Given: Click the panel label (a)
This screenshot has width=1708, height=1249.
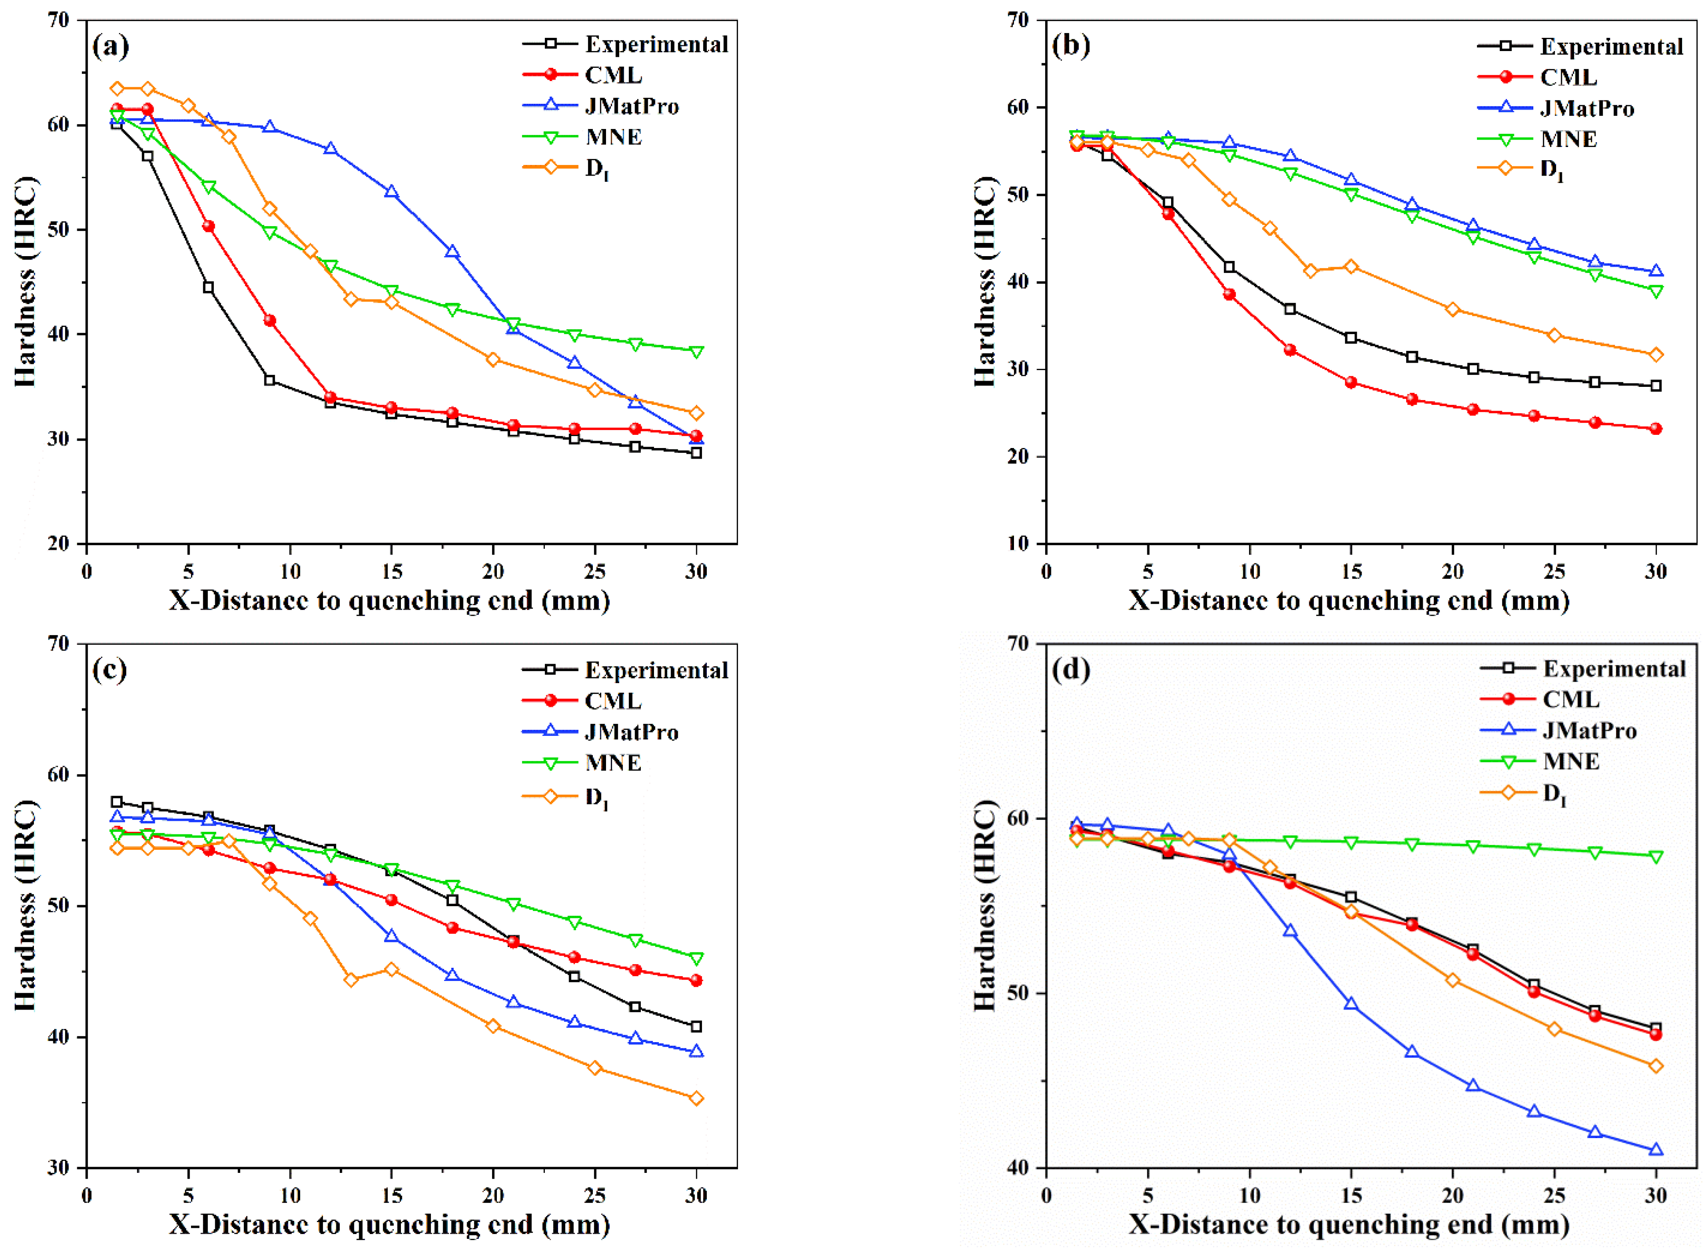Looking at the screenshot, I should coord(110,47).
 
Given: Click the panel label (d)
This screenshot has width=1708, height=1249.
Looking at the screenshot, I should coord(1071,670).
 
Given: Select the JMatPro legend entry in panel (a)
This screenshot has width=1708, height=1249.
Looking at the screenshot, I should coord(632,106).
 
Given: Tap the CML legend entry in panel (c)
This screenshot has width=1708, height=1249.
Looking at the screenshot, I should coord(613,701).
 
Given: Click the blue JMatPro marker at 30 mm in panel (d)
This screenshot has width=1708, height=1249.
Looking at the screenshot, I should coord(1656,1150).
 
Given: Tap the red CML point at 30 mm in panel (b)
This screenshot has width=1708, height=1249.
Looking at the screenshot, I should coord(1656,429).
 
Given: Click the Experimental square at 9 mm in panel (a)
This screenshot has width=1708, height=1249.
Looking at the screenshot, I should coord(269,380).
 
